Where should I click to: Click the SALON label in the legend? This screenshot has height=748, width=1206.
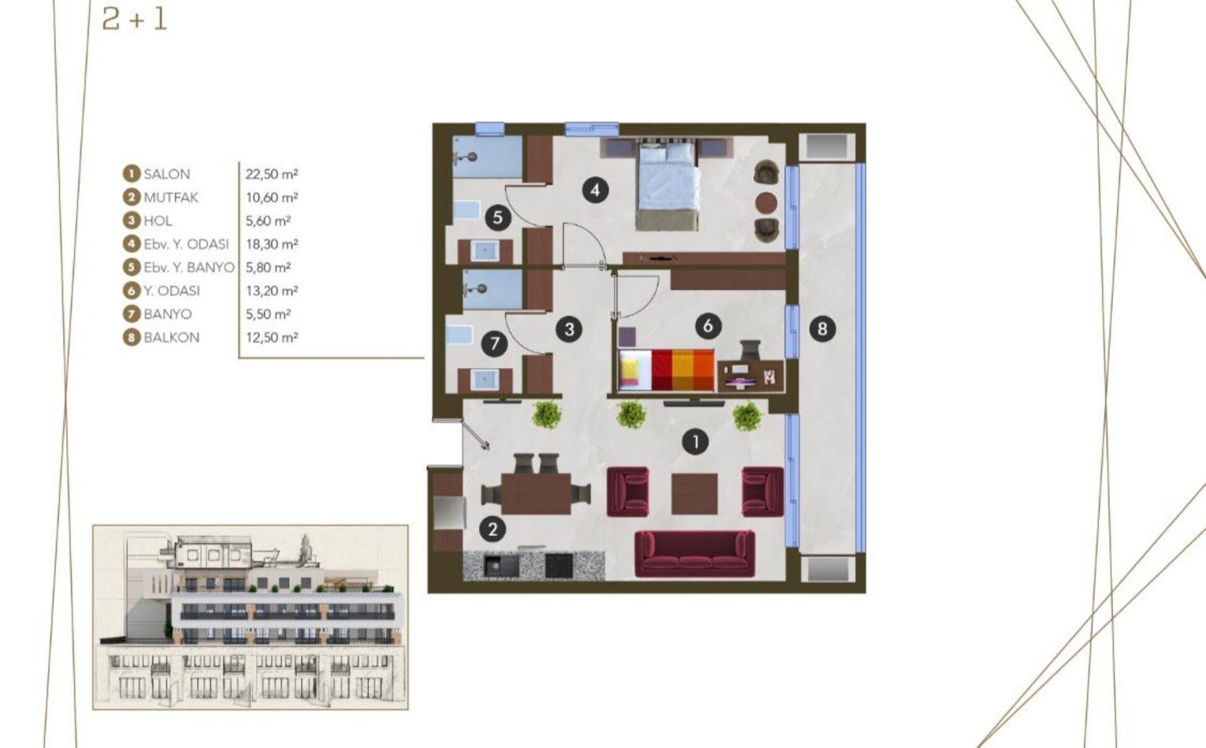click(166, 174)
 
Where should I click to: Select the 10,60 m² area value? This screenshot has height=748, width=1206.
click(271, 197)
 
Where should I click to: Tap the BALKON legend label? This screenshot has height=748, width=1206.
click(171, 337)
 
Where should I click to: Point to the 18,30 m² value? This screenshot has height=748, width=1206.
click(271, 244)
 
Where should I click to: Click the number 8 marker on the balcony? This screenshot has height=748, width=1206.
click(822, 328)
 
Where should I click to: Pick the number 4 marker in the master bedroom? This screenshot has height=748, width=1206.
click(595, 190)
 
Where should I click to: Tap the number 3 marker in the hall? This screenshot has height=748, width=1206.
click(569, 329)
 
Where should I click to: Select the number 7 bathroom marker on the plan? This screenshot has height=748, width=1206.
click(495, 344)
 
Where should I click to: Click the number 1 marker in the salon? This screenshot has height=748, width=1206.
click(695, 442)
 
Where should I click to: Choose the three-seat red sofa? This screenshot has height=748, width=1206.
click(695, 553)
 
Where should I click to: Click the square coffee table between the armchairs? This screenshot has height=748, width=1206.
click(695, 494)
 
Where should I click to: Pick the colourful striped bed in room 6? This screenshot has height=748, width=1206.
click(666, 371)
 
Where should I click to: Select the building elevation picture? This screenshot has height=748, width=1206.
click(251, 617)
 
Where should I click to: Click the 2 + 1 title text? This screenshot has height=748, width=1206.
click(134, 19)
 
